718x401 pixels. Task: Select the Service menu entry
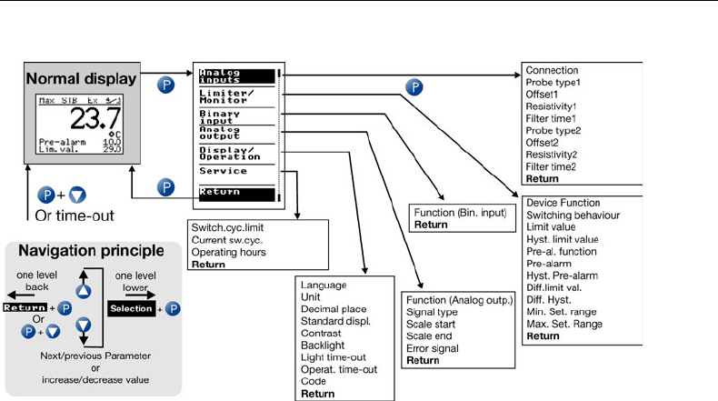tap(224, 171)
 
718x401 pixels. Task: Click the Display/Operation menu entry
tap(224, 152)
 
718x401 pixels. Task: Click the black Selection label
tap(135, 310)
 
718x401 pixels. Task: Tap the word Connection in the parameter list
tap(552, 70)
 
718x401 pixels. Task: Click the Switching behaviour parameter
tap(573, 216)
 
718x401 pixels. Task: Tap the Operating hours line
tap(228, 252)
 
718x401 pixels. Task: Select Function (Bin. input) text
tap(458, 210)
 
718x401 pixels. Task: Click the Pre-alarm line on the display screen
tap(58, 143)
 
